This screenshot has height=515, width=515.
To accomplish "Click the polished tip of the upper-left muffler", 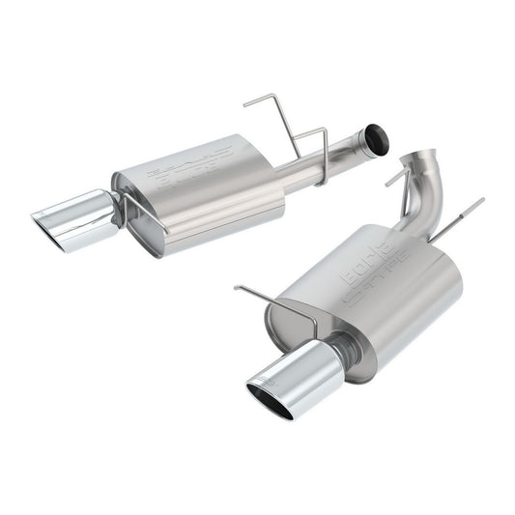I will point(77,208).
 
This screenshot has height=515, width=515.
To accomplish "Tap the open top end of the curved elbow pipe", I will point(423,155).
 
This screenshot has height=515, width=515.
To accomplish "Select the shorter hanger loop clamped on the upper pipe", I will point(311,145).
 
